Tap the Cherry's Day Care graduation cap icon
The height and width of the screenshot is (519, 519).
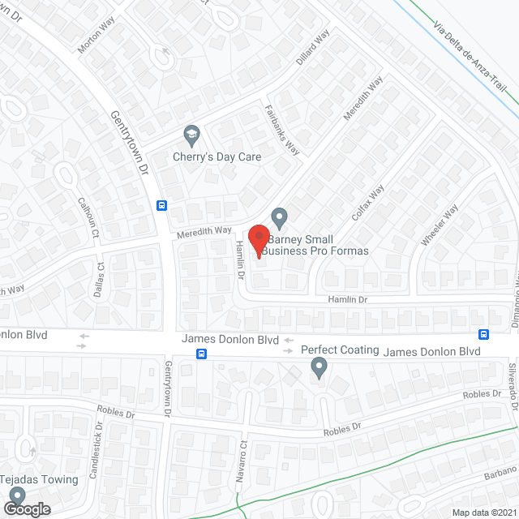[191, 134]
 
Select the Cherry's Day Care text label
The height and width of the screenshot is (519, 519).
[217, 157]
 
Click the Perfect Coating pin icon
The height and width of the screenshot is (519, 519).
[319, 369]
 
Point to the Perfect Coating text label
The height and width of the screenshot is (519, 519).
[340, 350]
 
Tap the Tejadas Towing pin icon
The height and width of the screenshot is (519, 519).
[17, 474]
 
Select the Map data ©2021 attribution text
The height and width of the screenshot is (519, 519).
[483, 513]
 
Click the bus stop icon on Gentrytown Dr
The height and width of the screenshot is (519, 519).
[161, 205]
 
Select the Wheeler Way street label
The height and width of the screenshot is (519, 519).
[440, 224]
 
